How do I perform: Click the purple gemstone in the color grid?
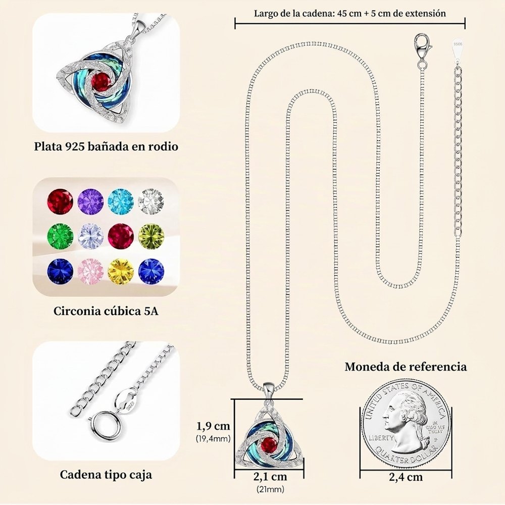click(x=90, y=201)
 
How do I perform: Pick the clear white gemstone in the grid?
click(x=151, y=201)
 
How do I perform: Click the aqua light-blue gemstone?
click(x=121, y=201)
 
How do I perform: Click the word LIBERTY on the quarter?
click(x=381, y=438)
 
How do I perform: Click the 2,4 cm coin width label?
click(x=406, y=477)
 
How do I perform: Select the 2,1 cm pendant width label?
click(x=270, y=476)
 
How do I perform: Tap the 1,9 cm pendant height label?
click(x=214, y=426)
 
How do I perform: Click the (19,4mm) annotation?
click(x=213, y=438)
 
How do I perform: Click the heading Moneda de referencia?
click(x=406, y=367)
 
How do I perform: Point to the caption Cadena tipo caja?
click(x=106, y=474)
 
